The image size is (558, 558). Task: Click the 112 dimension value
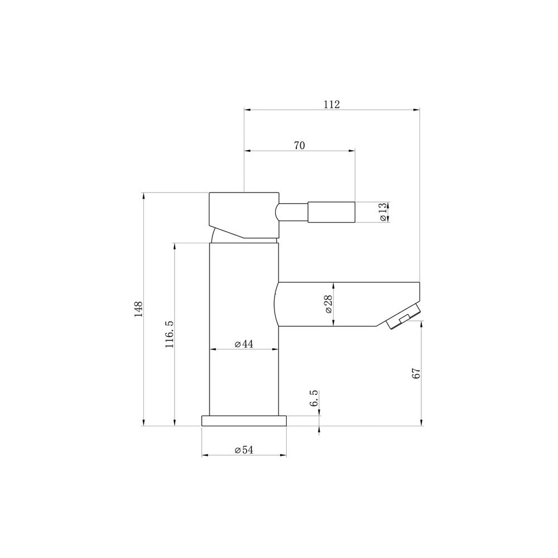331,105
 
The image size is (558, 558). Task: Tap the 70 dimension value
299,146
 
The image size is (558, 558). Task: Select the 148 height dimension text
138,309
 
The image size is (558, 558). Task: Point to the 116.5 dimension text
169,334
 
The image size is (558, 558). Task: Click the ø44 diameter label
244,344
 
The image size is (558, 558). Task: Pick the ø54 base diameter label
244,450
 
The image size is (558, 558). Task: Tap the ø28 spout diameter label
329,304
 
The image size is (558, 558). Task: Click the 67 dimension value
416,373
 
